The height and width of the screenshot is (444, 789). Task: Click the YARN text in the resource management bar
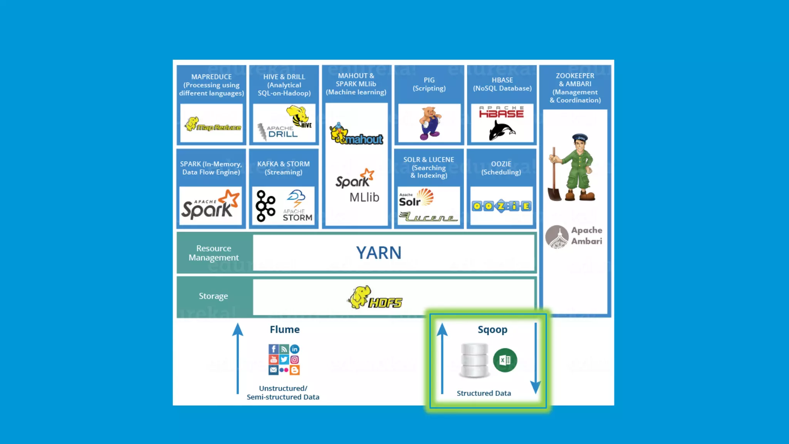pyautogui.click(x=378, y=253)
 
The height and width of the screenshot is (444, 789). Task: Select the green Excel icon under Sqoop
pyautogui.click(x=505, y=360)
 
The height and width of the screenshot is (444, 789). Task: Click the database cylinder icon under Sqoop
pyautogui.click(x=474, y=360)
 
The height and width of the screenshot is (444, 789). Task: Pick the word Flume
pyautogui.click(x=284, y=330)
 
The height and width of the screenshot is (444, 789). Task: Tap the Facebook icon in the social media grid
pyautogui.click(x=273, y=349)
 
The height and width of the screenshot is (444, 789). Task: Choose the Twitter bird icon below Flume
pyautogui.click(x=284, y=360)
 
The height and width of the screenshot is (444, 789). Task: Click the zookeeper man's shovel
pyautogui.click(x=554, y=177)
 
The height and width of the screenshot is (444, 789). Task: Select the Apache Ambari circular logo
pyautogui.click(x=557, y=237)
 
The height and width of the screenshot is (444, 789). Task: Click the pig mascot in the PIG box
pyautogui.click(x=430, y=123)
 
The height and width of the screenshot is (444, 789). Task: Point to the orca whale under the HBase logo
pyautogui.click(x=501, y=131)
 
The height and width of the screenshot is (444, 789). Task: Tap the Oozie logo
pyautogui.click(x=501, y=206)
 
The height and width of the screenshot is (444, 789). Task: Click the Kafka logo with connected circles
pyautogui.click(x=265, y=206)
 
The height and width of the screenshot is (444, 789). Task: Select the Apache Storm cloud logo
pyautogui.click(x=296, y=198)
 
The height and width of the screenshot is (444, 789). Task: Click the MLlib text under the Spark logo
pyautogui.click(x=364, y=197)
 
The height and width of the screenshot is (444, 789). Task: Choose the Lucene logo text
pyautogui.click(x=428, y=217)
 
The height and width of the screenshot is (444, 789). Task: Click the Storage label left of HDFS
pyautogui.click(x=213, y=296)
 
